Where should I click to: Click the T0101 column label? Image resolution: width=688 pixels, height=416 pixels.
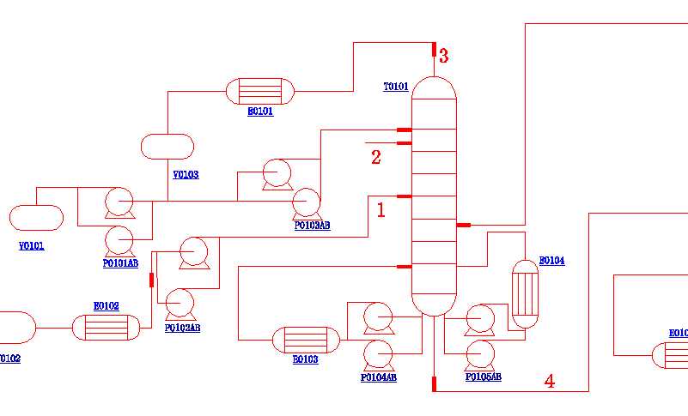tap(395, 87)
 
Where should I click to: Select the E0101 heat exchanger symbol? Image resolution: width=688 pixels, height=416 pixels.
tap(259, 91)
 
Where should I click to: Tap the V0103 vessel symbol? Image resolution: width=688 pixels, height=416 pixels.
tap(167, 147)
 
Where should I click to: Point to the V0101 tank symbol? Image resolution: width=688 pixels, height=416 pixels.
tap(36, 218)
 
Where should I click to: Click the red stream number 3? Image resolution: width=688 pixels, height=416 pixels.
tap(443, 57)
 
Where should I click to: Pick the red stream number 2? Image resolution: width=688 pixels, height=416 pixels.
tap(375, 157)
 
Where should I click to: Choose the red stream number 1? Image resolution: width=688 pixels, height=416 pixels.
tap(381, 208)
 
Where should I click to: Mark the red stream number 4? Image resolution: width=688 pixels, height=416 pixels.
tap(550, 382)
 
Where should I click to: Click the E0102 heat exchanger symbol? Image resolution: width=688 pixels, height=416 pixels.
tap(106, 328)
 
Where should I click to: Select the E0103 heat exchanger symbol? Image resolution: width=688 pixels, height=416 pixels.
tap(306, 340)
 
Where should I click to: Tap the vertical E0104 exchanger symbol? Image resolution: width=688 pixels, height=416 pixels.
tap(524, 293)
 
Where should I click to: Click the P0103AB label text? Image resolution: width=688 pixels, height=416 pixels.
tap(312, 226)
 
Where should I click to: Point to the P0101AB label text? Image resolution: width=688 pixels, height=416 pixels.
tap(120, 263)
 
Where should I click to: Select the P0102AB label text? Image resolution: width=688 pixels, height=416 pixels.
tap(182, 328)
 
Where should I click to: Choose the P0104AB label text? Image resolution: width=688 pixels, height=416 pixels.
tap(379, 377)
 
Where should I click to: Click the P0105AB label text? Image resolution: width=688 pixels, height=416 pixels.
tap(484, 377)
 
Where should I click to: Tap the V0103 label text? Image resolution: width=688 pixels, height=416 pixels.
tap(186, 175)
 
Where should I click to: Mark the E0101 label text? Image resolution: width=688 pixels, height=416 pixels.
tap(260, 112)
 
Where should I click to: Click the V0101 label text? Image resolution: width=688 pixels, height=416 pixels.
tap(32, 246)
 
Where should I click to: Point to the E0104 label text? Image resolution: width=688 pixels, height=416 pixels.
tap(551, 261)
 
